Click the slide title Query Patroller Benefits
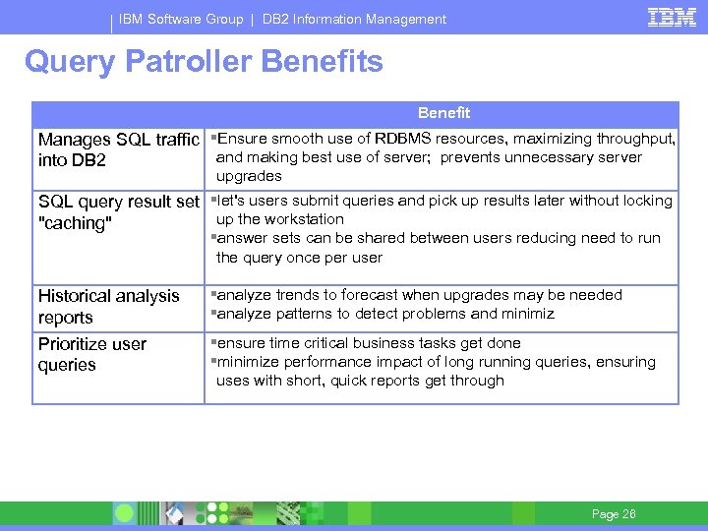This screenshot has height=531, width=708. [204, 62]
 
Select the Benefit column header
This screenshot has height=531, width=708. [443, 113]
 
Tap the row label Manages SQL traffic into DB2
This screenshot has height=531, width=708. [118, 149]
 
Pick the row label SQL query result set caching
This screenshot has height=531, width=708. [118, 212]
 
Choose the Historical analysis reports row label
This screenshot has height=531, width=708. [108, 306]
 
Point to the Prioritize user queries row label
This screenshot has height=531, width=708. [91, 354]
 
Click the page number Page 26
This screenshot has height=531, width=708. [614, 514]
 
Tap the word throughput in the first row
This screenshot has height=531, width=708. [633, 139]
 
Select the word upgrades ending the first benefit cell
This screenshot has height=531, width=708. [249, 176]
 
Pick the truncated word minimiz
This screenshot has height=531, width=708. [524, 314]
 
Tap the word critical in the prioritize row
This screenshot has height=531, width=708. [317, 343]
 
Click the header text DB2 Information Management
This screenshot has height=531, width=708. [354, 19]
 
